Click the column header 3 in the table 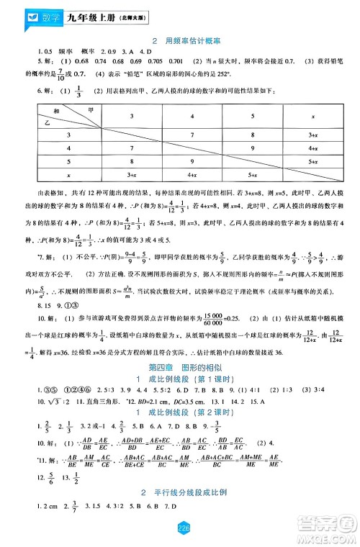[x=130, y=115]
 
